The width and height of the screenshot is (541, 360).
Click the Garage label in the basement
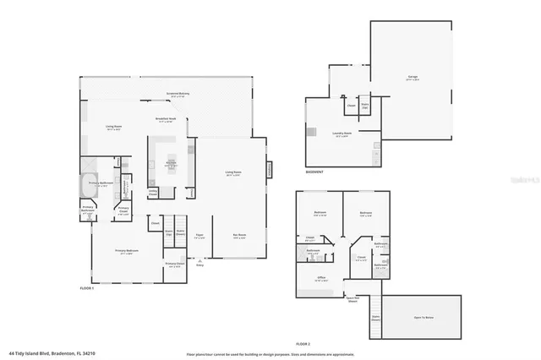pyautogui.click(x=413, y=77)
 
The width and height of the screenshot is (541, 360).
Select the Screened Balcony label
pyautogui.click(x=177, y=94)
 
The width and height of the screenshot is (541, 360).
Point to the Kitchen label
pyautogui.click(x=170, y=162)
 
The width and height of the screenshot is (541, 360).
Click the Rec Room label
pyautogui.click(x=240, y=236)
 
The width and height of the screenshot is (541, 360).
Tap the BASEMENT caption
pyautogui.click(x=316, y=172)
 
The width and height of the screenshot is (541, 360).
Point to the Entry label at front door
pyautogui.click(x=200, y=265)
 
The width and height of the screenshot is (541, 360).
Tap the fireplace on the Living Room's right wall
pyautogui.click(x=270, y=169)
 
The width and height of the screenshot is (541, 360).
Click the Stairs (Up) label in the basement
pyautogui.click(x=365, y=107)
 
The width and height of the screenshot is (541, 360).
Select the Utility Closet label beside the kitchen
pyautogui.click(x=153, y=194)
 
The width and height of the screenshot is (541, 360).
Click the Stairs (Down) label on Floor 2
pyautogui.click(x=375, y=319)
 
